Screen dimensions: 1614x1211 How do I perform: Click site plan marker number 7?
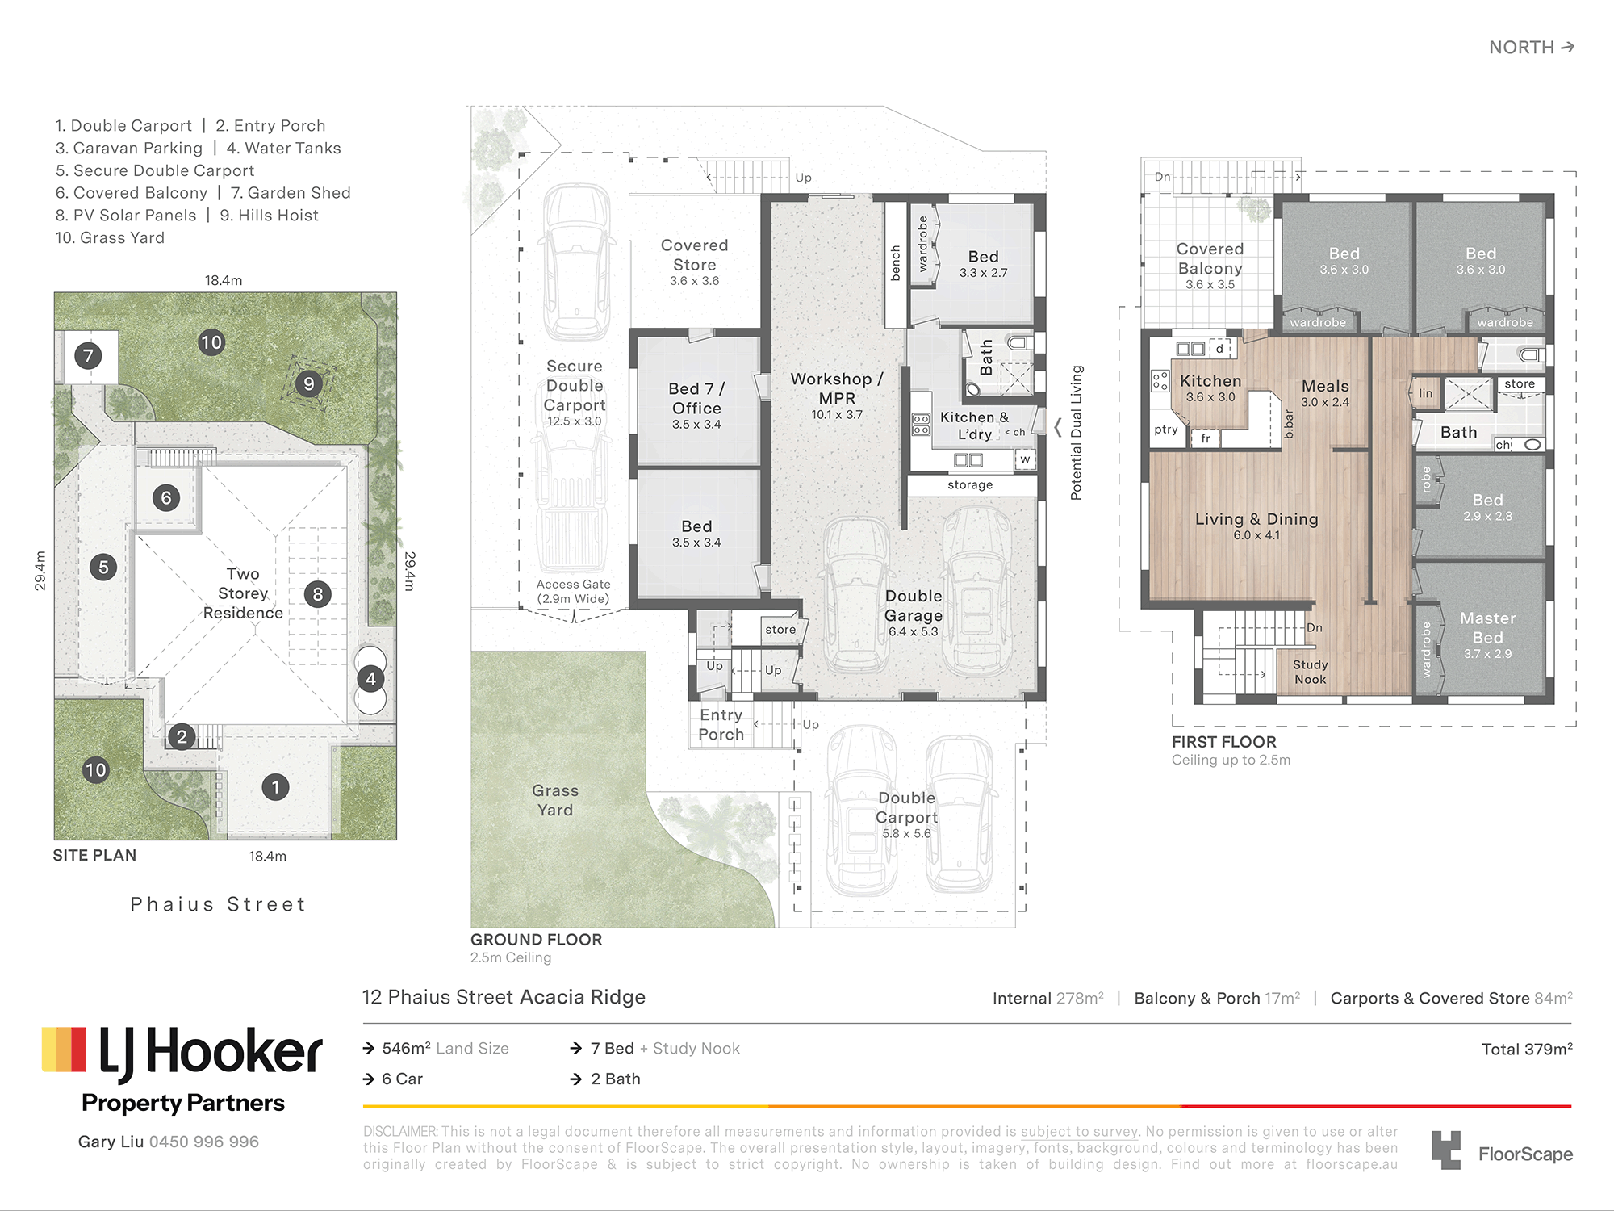point(88,355)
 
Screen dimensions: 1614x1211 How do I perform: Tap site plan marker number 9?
point(308,383)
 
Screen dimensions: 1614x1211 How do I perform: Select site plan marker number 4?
point(370,679)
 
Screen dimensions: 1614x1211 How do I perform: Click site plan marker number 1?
point(275,787)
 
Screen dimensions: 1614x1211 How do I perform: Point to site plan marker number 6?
point(166,497)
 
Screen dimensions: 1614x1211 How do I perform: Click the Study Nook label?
point(1310,672)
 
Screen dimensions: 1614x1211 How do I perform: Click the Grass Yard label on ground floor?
point(555,800)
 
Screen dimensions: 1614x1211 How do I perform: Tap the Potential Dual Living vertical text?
point(1076,433)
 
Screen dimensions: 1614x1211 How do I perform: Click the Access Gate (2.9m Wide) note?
point(574,591)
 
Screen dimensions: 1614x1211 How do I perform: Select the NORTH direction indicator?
point(1532,47)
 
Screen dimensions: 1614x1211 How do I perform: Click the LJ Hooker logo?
point(182,1069)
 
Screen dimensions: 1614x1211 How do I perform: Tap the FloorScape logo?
point(1502,1150)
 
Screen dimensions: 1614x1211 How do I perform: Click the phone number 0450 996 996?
point(204,1142)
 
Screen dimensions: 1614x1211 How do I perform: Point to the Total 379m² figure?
point(1527,1049)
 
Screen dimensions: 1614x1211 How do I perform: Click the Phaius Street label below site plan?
point(219,904)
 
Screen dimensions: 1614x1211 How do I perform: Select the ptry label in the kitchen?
point(1166,430)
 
